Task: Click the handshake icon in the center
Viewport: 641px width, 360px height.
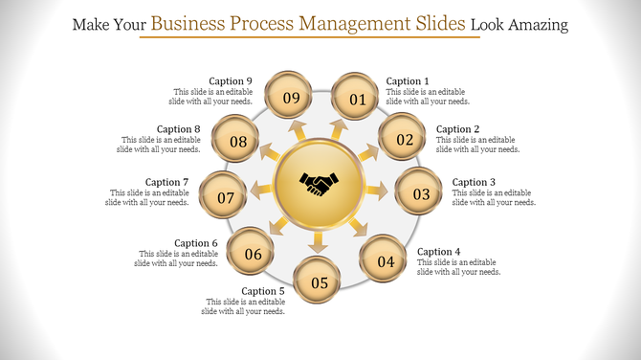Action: tap(320, 184)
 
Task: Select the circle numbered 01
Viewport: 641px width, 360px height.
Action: tap(357, 98)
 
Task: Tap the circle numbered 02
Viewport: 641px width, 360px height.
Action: tap(405, 140)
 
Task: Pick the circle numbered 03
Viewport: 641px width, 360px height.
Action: tap(421, 194)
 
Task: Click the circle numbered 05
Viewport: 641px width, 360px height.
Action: tap(319, 282)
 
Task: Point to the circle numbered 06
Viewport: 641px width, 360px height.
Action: tap(254, 254)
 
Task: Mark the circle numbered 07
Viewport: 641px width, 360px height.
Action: tap(226, 198)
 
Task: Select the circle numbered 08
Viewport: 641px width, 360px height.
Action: tap(238, 142)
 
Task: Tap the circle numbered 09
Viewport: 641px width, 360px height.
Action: tap(291, 98)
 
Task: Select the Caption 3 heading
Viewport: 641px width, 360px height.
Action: tap(475, 182)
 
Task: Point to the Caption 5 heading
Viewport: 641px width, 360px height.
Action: tap(263, 291)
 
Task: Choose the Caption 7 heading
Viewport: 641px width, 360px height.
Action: tap(167, 182)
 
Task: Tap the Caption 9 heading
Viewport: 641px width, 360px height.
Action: tap(231, 81)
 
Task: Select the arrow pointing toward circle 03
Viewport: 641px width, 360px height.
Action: tap(376, 192)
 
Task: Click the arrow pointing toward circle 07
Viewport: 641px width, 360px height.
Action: tap(261, 191)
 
